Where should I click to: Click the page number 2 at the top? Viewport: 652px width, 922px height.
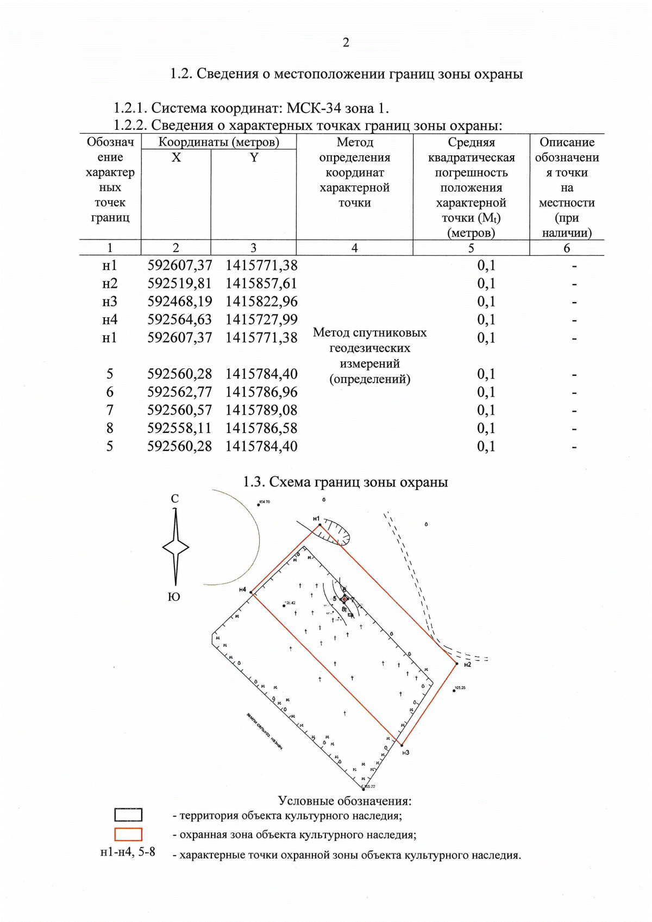[x=346, y=42]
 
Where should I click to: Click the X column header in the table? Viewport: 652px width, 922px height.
[x=176, y=158]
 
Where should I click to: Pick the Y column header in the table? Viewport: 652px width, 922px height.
[x=254, y=158]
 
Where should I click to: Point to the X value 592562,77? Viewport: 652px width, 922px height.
[x=179, y=392]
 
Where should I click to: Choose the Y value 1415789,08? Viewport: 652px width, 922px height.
[x=261, y=410]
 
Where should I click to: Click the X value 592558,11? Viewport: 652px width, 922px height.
[x=179, y=428]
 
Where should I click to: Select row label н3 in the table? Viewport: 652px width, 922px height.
[x=110, y=302]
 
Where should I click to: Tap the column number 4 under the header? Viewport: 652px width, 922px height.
[x=354, y=248]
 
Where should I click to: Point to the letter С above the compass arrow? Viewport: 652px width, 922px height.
[x=174, y=499]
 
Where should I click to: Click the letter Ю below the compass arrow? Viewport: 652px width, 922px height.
[x=174, y=597]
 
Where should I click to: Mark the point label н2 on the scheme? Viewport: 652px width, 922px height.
[x=467, y=664]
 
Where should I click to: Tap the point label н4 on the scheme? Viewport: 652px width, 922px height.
[x=242, y=589]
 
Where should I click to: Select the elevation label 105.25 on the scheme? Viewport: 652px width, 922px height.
[x=460, y=688]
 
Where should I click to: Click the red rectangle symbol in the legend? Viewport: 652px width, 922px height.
[x=128, y=835]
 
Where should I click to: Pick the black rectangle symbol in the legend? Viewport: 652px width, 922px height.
[x=128, y=815]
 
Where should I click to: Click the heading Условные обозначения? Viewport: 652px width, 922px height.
[x=344, y=801]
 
